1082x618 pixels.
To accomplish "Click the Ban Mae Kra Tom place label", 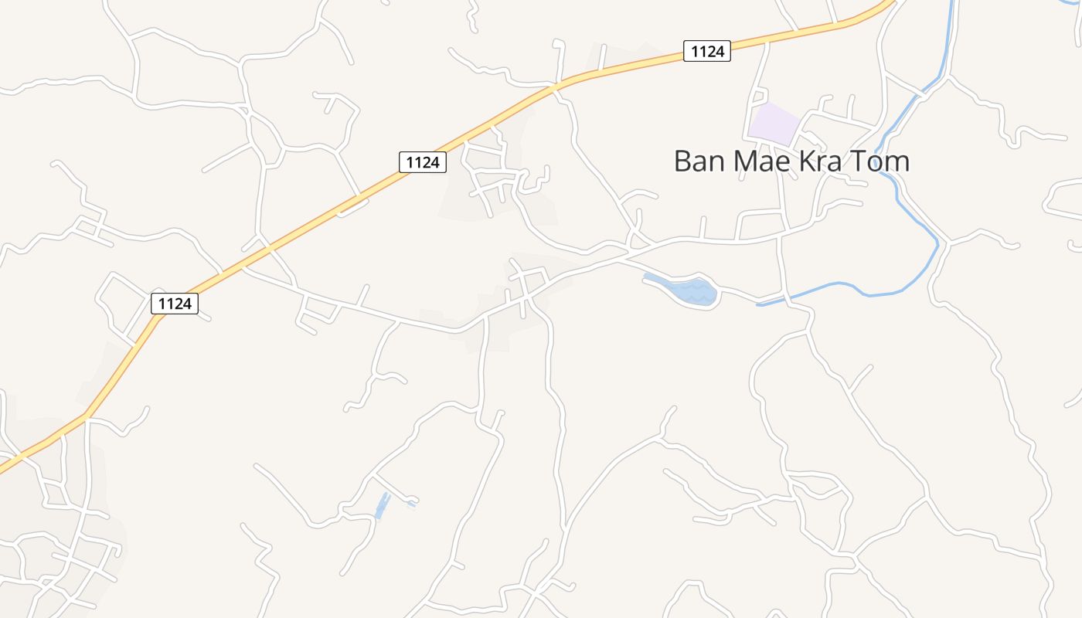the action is coord(791,161).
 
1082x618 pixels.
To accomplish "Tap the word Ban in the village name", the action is coord(699,161).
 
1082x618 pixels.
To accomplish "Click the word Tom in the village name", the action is coord(883,161).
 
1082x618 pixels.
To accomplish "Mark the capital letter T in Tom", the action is coord(863,161).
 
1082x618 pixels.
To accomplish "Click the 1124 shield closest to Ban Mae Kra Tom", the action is coord(706,52).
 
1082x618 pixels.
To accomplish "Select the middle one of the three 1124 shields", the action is coord(423,162).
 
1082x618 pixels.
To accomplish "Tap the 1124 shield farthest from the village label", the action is coord(174,304).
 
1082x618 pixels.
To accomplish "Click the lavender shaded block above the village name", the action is coord(773,124).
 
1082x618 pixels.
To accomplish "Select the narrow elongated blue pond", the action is coord(382,506).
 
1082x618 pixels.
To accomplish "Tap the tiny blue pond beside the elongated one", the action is coord(410,504).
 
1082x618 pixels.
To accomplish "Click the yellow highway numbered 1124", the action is coord(309,224).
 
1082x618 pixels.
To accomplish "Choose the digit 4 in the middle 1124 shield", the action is coord(437,162).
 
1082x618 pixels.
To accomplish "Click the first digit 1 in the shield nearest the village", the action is coord(693,52).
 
